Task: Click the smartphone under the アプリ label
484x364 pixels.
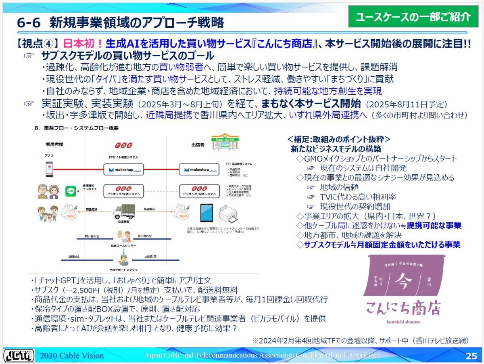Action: click(49, 169)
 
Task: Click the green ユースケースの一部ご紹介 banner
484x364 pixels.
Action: click(413, 17)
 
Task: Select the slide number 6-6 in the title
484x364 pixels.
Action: click(29, 23)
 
